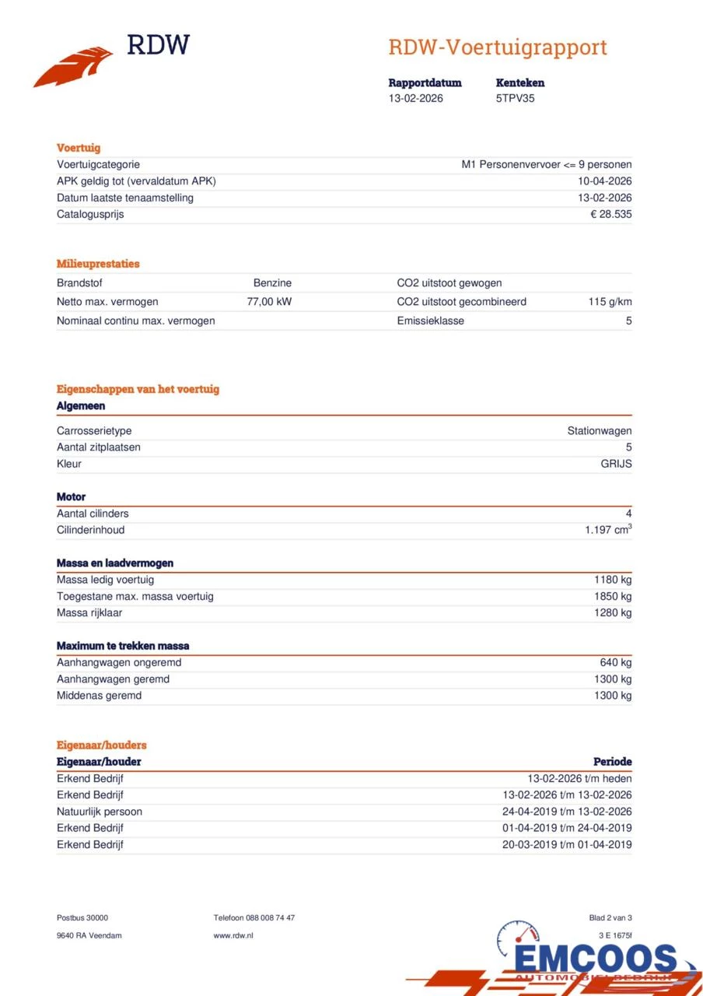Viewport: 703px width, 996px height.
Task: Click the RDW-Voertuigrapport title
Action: [x=497, y=47]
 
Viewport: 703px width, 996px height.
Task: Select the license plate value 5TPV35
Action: [x=515, y=99]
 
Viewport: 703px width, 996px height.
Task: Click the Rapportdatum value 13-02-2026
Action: [x=416, y=99]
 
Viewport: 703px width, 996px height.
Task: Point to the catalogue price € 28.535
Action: [x=610, y=214]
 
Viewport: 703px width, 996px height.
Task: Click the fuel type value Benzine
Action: [x=272, y=283]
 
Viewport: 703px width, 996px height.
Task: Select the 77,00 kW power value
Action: [x=269, y=302]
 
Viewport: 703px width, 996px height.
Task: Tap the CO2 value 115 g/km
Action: [x=610, y=302]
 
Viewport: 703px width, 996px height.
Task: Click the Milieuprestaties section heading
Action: [x=98, y=264]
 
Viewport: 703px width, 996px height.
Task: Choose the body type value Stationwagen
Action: [x=599, y=431]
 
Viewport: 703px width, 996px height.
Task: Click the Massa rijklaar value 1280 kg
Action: [x=613, y=613]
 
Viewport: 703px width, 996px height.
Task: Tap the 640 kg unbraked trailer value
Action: [x=616, y=663]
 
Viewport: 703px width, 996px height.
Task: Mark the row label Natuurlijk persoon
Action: [x=100, y=812]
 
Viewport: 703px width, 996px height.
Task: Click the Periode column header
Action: [x=612, y=762]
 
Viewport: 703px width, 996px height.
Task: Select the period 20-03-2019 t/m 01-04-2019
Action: [x=567, y=845]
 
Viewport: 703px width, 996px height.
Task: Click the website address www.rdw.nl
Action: [x=233, y=935]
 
